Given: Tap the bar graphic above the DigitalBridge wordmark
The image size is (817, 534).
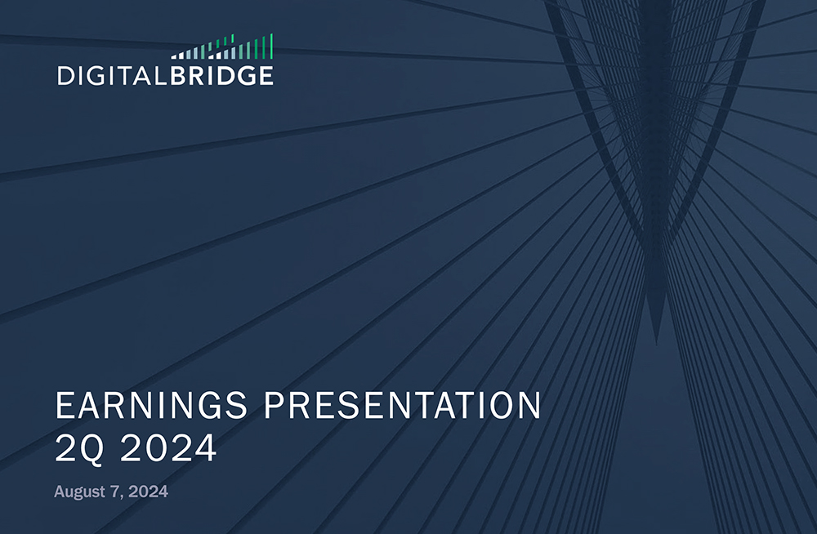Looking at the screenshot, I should (x=222, y=49).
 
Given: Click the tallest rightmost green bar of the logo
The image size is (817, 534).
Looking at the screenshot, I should (x=271, y=47).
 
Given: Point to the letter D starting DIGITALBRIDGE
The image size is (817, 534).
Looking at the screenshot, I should (x=65, y=77).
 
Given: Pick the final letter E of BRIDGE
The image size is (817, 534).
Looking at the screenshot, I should (x=266, y=77).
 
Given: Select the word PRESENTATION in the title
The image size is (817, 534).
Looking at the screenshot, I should (x=403, y=407).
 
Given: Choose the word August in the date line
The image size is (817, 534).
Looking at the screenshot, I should (x=79, y=492).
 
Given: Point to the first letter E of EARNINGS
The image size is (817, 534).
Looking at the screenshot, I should (x=64, y=407).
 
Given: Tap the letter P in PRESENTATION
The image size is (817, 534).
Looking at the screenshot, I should (x=273, y=407).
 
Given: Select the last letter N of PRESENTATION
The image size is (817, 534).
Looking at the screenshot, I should (x=529, y=407).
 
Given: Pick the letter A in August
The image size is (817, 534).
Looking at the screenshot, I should (x=60, y=492).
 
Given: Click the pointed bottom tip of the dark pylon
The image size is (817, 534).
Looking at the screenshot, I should (x=654, y=341).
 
